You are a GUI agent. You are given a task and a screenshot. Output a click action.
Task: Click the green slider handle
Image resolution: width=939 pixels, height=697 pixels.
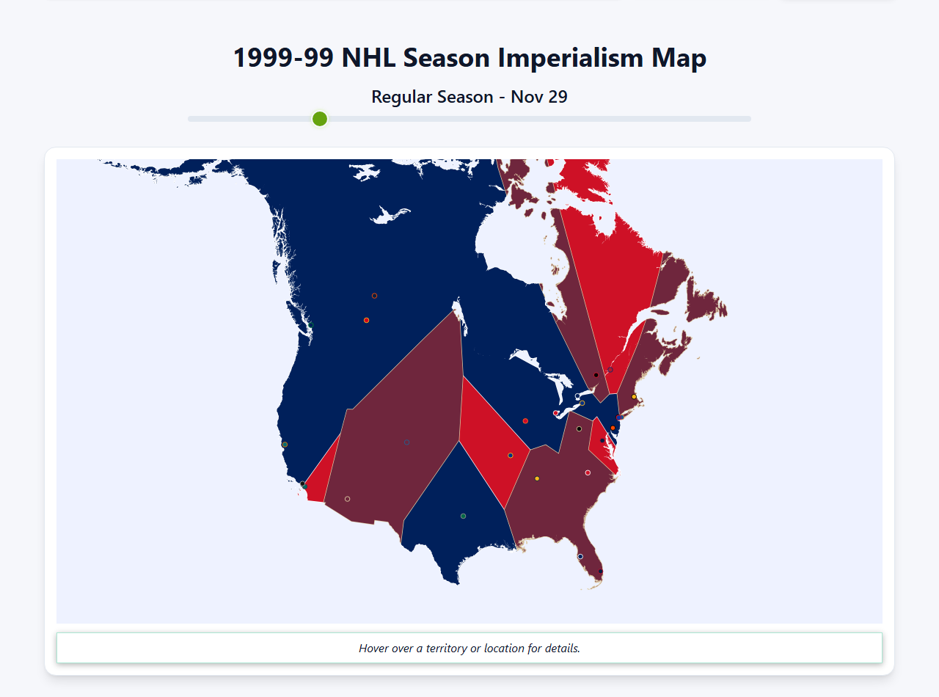(319, 119)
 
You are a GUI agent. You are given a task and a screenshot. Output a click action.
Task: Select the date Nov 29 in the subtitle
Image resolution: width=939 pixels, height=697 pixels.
(539, 97)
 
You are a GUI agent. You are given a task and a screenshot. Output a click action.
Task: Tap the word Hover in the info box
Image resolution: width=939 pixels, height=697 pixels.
(374, 649)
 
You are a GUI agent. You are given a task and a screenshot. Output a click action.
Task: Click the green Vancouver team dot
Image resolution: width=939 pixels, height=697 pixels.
(310, 324)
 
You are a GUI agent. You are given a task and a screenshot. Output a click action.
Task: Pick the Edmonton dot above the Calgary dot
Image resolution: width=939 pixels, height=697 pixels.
(374, 296)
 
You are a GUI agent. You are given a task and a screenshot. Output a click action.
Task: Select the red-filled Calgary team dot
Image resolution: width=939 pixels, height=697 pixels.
(366, 320)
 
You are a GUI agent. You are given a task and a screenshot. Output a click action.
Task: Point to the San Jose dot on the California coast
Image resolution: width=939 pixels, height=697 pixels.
(285, 445)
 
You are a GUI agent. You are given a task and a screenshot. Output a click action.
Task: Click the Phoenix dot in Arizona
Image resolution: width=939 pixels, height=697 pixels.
(347, 499)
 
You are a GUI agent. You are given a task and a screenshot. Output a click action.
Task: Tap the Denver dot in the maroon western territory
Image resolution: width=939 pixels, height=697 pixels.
(406, 442)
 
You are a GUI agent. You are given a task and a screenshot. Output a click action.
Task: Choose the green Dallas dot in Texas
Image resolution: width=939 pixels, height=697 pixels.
(463, 516)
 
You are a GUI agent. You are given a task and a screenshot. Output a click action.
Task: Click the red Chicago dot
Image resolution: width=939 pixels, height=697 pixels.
(525, 421)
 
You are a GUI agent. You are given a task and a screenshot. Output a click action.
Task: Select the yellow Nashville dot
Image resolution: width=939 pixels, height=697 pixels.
(537, 478)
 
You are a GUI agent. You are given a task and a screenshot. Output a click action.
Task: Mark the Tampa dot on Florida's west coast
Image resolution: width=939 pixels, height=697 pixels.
(580, 556)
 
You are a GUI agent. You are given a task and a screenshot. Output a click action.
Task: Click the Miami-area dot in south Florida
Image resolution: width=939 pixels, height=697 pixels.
(601, 571)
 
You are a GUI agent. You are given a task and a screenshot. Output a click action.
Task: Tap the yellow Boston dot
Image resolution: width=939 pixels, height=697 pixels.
(634, 397)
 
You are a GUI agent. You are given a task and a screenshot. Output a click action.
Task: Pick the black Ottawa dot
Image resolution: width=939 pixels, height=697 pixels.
(596, 375)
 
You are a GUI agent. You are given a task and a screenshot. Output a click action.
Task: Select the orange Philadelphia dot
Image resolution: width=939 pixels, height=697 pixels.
(613, 428)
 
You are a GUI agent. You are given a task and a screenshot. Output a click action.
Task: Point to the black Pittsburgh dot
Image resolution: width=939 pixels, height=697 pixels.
(579, 428)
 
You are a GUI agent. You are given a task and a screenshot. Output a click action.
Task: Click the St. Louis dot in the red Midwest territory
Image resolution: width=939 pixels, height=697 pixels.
(511, 455)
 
